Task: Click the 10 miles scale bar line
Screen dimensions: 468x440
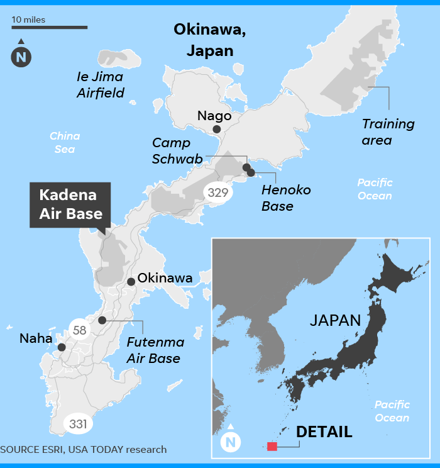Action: coord(49,28)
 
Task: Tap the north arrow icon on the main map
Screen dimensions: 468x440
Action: coord(21,56)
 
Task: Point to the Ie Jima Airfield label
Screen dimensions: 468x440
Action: coord(100,85)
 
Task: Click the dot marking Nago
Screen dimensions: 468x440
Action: coord(216,129)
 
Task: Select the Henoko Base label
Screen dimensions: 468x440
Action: coord(287,198)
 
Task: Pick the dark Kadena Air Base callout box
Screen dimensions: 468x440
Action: coord(70,205)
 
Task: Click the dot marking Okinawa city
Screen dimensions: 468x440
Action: coord(131,282)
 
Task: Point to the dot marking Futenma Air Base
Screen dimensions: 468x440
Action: coord(102,320)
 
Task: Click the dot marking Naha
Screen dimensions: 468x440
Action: coord(61,347)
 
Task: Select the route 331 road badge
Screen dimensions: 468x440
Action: coord(78,424)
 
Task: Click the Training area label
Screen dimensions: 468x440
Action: coord(388,131)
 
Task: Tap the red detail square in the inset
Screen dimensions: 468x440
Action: coord(272,447)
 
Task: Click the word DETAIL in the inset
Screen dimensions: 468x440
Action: coord(324,432)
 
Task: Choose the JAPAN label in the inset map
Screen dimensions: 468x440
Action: coord(335,320)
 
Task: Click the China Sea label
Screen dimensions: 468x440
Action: coord(64,142)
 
